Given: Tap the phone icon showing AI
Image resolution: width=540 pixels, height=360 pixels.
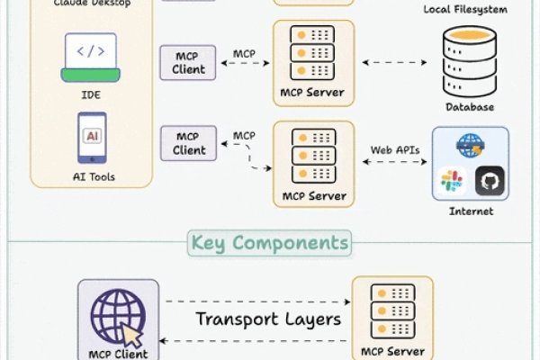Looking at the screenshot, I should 92,136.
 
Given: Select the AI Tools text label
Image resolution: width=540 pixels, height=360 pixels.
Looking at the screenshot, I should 93,176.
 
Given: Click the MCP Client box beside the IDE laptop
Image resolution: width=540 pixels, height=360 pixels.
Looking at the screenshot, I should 188,61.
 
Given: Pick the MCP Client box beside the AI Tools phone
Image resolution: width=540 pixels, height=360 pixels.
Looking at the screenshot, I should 188,143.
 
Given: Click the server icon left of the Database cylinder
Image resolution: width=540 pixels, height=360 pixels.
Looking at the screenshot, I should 314,57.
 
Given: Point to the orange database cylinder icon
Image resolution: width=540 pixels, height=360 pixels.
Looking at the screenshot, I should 470,60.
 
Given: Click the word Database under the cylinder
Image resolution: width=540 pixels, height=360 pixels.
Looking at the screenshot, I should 470,107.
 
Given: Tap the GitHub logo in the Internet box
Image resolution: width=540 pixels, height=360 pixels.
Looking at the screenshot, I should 490,179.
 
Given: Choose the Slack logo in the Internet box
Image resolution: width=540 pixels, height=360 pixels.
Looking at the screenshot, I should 451,180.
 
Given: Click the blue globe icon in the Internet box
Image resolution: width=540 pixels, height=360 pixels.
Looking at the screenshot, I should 470,144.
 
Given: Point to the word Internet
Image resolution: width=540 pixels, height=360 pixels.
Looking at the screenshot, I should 471,212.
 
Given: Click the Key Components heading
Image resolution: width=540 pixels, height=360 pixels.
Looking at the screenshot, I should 269,243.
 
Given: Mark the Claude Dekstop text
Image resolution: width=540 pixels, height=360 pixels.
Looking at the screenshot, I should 93,4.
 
